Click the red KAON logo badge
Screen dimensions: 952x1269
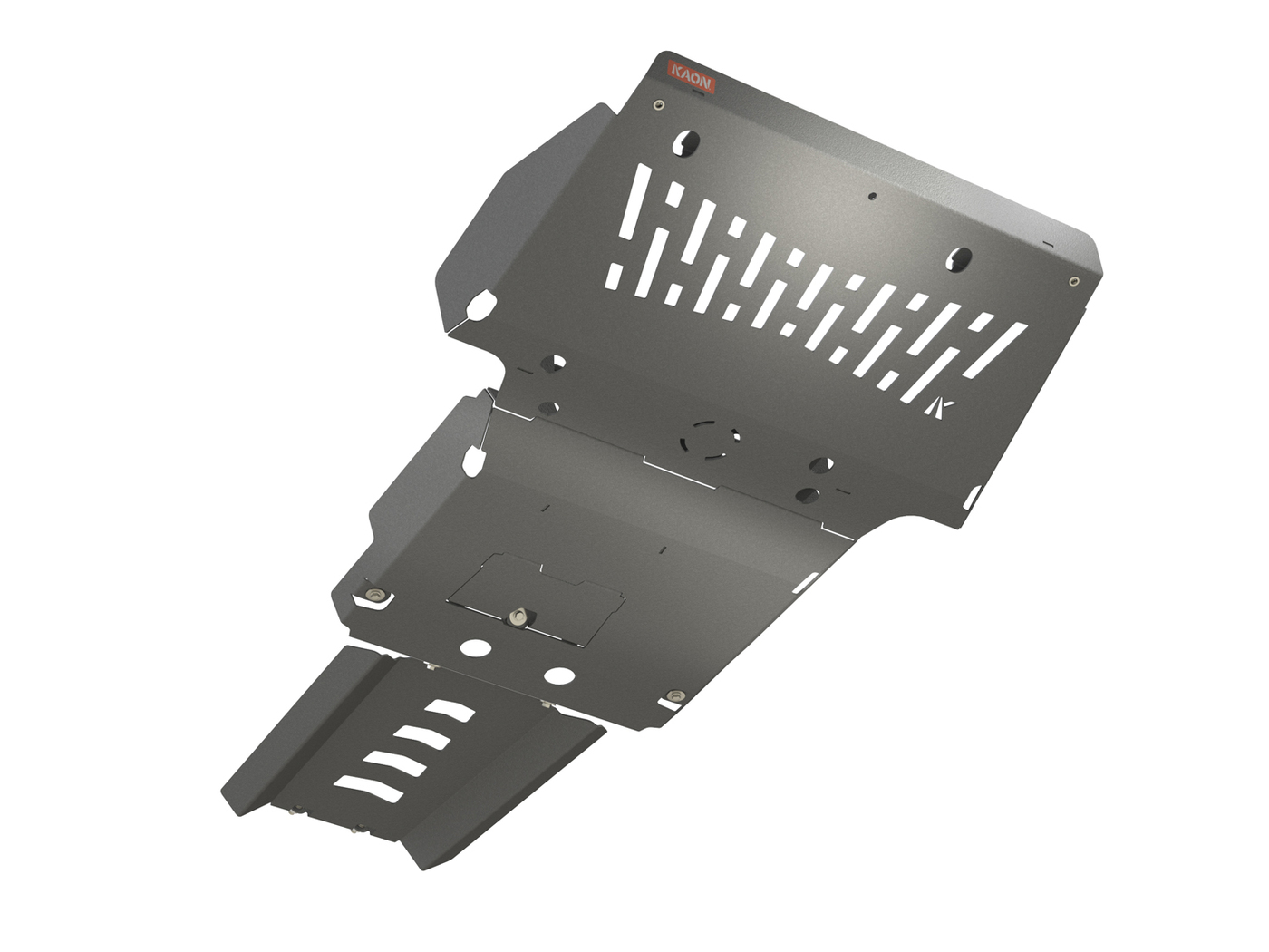point(692,76)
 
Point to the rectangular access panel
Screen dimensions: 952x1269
point(535,598)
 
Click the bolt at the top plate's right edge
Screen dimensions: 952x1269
point(1074,281)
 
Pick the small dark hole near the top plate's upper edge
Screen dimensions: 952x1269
point(872,195)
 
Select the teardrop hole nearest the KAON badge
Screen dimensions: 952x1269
point(686,141)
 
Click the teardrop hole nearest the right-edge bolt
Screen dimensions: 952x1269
point(960,259)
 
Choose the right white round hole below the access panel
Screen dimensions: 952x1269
point(559,676)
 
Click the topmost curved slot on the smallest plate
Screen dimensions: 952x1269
point(450,711)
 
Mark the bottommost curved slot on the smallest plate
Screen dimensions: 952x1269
point(369,788)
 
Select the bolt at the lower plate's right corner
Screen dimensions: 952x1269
point(673,696)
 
